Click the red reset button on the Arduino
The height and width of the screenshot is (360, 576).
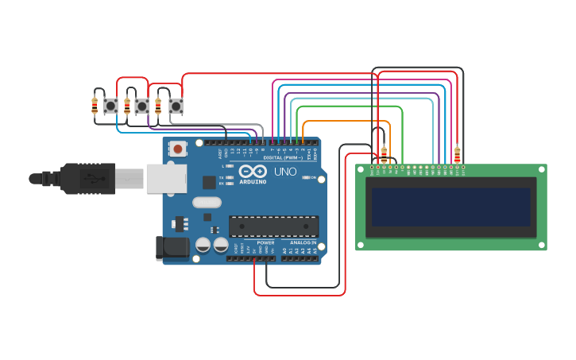pyautogui.click(x=178, y=149)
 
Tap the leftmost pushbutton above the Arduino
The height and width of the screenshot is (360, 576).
pyautogui.click(x=111, y=105)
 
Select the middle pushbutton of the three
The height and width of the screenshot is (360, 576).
pyautogui.click(x=142, y=106)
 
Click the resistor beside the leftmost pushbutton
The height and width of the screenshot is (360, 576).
pyautogui.click(x=95, y=104)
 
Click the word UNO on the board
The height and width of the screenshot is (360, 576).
pyautogui.click(x=285, y=172)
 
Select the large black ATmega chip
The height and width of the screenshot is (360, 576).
pyautogui.click(x=273, y=226)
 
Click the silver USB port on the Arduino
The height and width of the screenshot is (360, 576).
pyautogui.click(x=166, y=179)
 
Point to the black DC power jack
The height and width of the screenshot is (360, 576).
pyautogui.click(x=172, y=247)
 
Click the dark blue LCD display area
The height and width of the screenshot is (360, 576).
pyautogui.click(x=450, y=207)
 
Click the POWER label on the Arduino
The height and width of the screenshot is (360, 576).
pyautogui.click(x=265, y=242)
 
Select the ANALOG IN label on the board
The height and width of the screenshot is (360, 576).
pyautogui.click(x=303, y=242)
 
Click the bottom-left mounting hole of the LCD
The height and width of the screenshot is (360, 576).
pyautogui.click(x=360, y=245)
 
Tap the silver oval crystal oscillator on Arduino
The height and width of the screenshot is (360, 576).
pyautogui.click(x=206, y=202)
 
